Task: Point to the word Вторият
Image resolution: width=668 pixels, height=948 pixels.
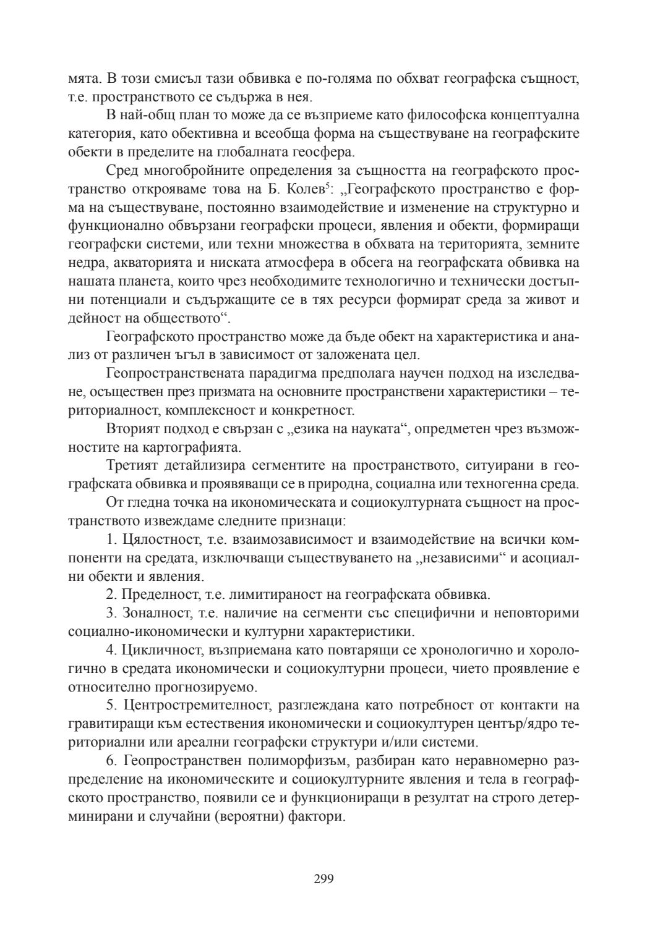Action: pyautogui.click(x=131, y=429)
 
